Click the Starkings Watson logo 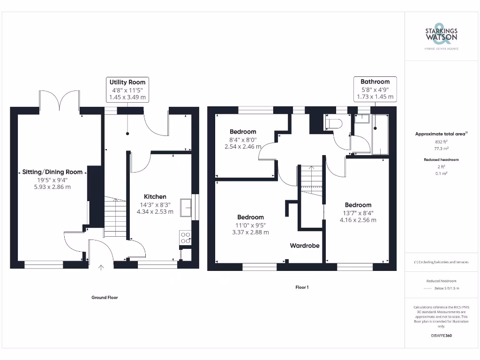click(441, 35)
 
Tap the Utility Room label click(127, 82)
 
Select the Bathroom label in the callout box click(375, 82)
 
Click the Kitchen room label click(155, 196)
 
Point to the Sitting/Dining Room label click(52, 172)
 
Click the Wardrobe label click(304, 246)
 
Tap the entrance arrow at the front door click(101, 268)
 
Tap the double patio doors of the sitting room click(60, 100)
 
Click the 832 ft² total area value click(441, 141)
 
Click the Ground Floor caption click(105, 297)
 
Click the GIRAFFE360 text click(441, 336)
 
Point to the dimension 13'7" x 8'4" click(358, 212)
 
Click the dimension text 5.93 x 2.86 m click(52, 187)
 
